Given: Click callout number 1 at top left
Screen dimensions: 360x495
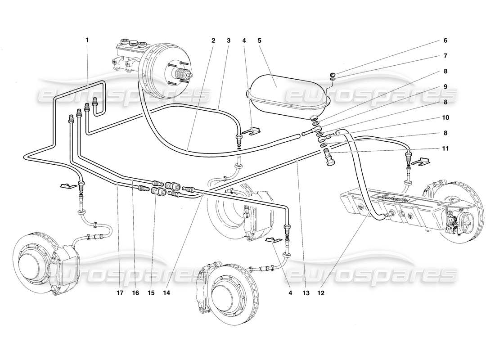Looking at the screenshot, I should coord(87,40).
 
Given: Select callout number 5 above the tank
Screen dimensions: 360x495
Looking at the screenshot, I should coord(259,40).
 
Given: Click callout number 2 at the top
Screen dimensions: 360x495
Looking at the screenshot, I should coord(213,40).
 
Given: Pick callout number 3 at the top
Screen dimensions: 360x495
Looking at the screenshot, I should coord(229,40).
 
